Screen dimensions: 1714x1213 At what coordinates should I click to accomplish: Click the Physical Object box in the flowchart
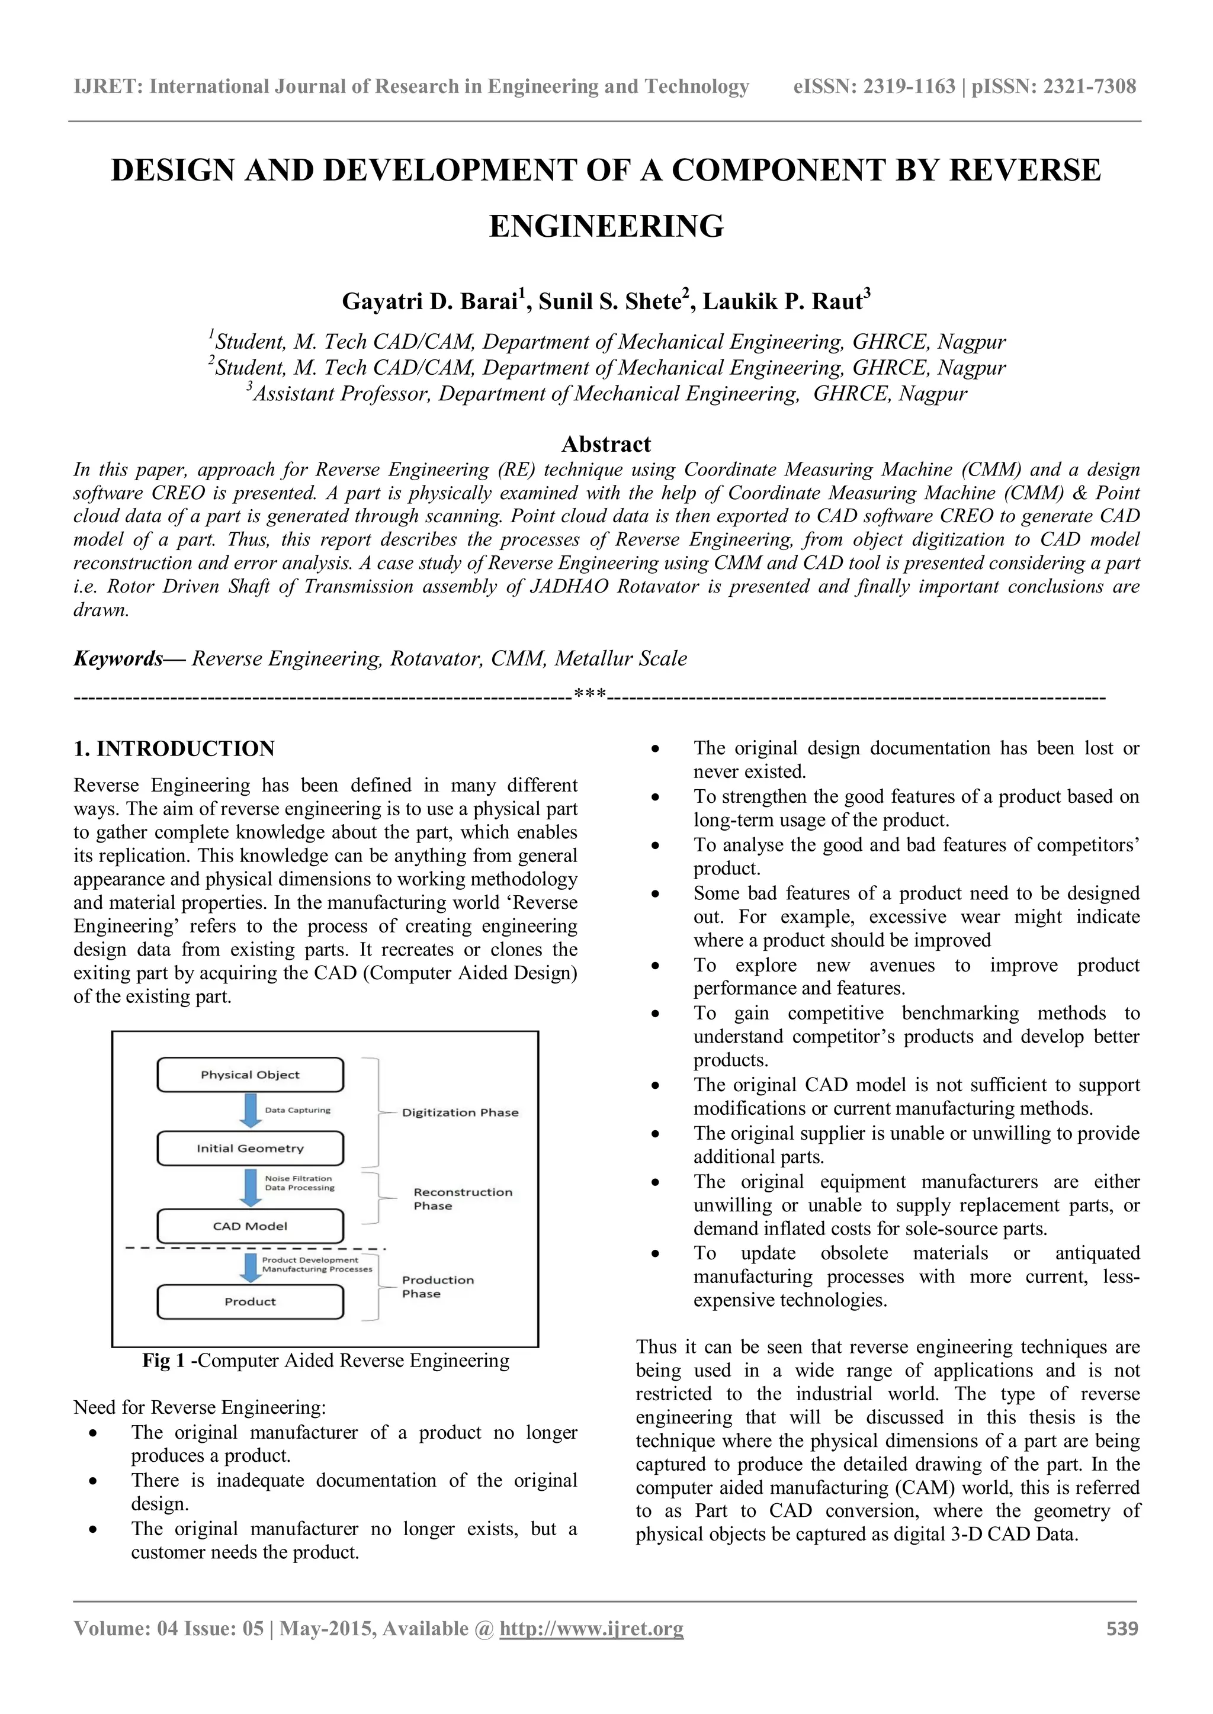coord(249,1075)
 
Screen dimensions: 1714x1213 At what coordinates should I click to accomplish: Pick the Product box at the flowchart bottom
coord(249,1301)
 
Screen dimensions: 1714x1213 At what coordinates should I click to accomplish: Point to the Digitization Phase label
coord(460,1112)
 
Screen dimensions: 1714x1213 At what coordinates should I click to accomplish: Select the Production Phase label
coord(437,1287)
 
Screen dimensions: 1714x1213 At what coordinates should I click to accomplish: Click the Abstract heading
coord(606,444)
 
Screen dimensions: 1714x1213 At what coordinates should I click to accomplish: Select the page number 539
coord(1122,1628)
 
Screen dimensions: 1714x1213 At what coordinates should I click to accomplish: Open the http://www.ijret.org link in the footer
coord(591,1628)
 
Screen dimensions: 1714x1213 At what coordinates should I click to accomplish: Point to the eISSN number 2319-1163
coord(909,86)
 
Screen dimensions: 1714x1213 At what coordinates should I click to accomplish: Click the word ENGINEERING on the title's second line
coord(606,226)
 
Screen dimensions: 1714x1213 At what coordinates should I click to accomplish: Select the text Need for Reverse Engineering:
coord(200,1407)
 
